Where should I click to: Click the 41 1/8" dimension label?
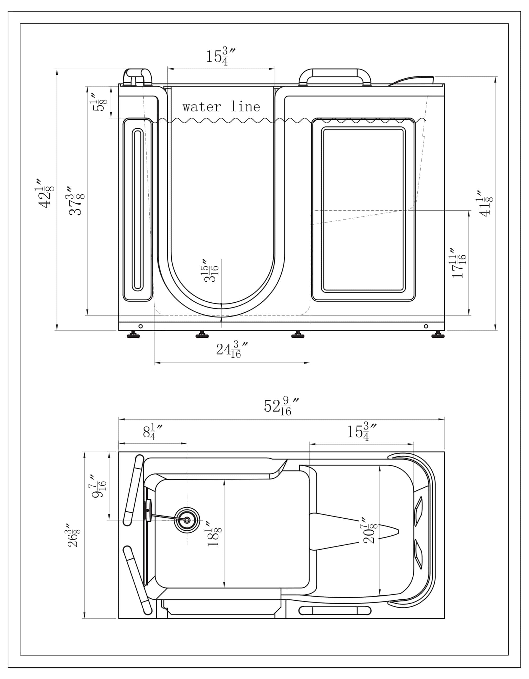[x=486, y=203]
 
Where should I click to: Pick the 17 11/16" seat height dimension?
[x=459, y=263]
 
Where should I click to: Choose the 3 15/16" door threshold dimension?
[x=212, y=270]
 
